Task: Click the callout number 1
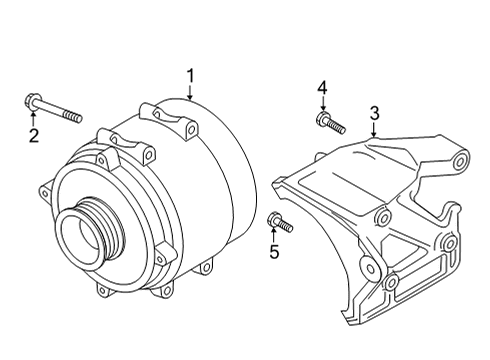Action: [x=190, y=76]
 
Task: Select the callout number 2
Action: [x=34, y=136]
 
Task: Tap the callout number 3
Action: [x=375, y=113]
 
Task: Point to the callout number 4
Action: [x=322, y=88]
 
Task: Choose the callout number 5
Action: [x=274, y=251]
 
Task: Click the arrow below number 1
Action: [x=190, y=93]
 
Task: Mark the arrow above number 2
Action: [x=33, y=120]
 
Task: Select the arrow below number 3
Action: [x=374, y=130]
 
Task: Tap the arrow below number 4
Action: [x=322, y=104]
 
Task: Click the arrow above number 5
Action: [x=274, y=235]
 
